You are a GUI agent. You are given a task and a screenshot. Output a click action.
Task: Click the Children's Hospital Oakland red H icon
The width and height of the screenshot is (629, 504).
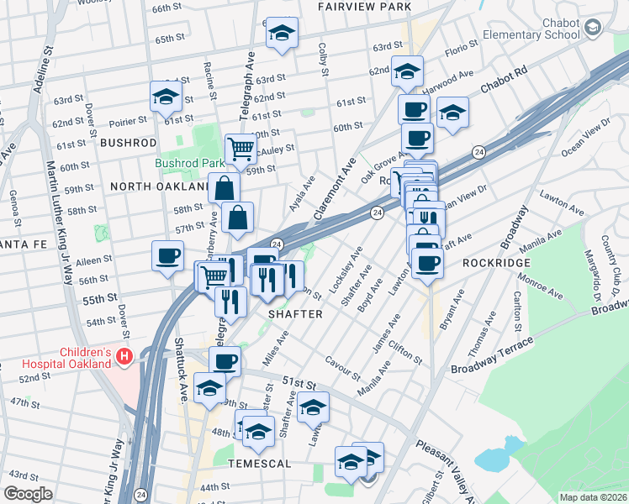pyautogui.click(x=124, y=357)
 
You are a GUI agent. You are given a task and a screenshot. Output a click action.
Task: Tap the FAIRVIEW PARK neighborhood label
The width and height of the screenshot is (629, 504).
pyautogui.click(x=364, y=7)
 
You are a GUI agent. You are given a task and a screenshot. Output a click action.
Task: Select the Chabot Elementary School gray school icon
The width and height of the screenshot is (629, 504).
pyautogui.click(x=594, y=29)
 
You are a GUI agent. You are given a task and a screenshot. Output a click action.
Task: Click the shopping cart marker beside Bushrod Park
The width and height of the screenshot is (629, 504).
pyautogui.click(x=240, y=149)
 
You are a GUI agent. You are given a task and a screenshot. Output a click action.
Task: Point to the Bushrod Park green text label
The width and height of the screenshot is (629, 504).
pyautogui.click(x=188, y=163)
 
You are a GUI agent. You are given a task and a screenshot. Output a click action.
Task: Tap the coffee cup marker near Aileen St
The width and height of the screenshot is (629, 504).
pyautogui.click(x=167, y=255)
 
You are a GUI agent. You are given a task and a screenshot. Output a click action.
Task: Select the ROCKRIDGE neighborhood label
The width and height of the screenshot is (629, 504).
pyautogui.click(x=493, y=262)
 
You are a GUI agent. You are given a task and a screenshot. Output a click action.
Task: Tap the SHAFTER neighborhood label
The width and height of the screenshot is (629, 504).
pyautogui.click(x=295, y=313)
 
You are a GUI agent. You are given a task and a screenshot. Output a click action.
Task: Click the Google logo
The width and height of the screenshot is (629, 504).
pyautogui.click(x=28, y=493)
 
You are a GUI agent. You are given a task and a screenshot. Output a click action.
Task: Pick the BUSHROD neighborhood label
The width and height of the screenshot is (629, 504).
pyautogui.click(x=128, y=143)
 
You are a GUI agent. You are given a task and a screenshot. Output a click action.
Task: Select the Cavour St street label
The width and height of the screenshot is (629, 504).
pyautogui.click(x=344, y=367)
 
